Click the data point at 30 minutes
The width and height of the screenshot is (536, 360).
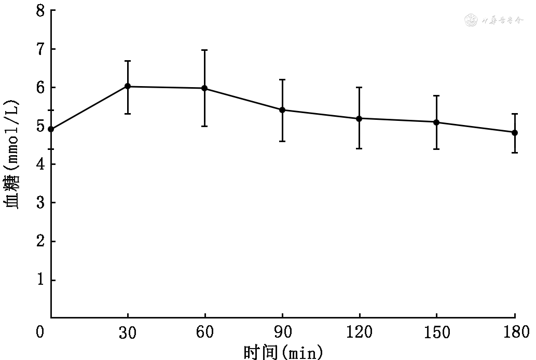[128, 86]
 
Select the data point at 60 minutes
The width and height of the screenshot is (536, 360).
[205, 88]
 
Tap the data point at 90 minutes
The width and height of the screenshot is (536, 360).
[282, 110]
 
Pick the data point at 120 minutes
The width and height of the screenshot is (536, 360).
[359, 118]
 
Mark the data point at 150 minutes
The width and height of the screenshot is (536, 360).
[436, 122]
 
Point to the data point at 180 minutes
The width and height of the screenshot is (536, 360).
[514, 132]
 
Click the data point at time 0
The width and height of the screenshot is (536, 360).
[51, 129]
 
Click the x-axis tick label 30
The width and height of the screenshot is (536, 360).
[128, 333]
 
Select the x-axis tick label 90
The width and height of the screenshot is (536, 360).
[282, 333]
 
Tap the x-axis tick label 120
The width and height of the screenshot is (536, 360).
[359, 333]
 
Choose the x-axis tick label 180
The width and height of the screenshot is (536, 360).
[514, 333]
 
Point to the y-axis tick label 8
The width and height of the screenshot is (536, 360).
[39, 10]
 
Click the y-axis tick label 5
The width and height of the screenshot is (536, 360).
[39, 126]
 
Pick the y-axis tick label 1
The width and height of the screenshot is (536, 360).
[39, 280]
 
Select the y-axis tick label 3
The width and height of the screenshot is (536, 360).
[39, 203]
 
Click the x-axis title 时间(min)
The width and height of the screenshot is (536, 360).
[283, 352]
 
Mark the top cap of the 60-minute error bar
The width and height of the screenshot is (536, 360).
[205, 50]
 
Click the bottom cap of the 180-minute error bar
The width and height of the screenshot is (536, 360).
[514, 153]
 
